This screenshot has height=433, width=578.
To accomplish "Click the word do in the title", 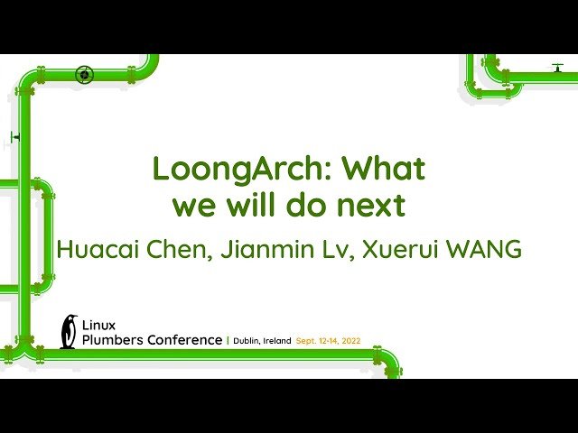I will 309,207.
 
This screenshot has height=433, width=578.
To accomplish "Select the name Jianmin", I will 272,250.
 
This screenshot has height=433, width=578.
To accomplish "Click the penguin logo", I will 69,331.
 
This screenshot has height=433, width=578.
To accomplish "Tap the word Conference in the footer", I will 187,340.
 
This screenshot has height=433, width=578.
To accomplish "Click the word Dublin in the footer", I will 247,341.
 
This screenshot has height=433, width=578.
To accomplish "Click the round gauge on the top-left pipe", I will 84,74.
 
